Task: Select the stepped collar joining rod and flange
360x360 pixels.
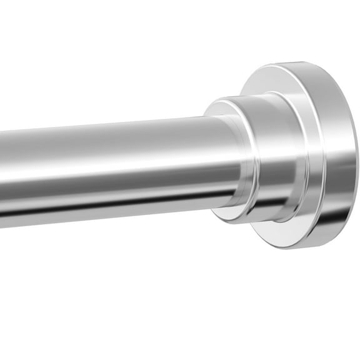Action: coord(262,159)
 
